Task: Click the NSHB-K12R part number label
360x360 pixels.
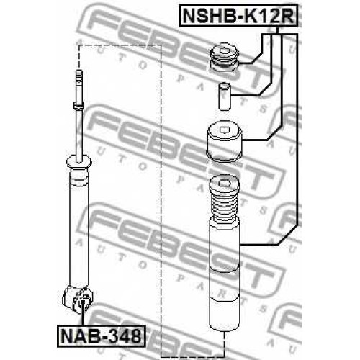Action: coord(238,15)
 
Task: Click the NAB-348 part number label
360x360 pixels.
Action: coord(102,336)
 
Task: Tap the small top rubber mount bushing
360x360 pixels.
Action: coord(225,58)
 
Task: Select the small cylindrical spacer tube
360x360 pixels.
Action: coord(225,96)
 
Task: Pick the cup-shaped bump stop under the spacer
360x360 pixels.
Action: coord(224,142)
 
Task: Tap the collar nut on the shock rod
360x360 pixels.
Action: coord(78,106)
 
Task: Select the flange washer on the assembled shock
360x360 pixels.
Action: coord(78,162)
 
